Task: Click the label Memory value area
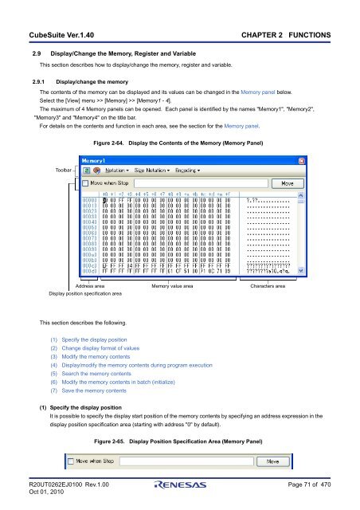pyautogui.click(x=173, y=285)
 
